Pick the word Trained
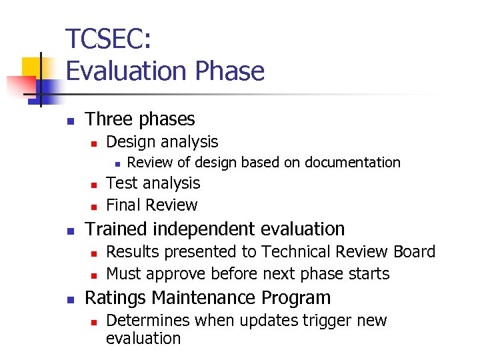115,229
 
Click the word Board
413,252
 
